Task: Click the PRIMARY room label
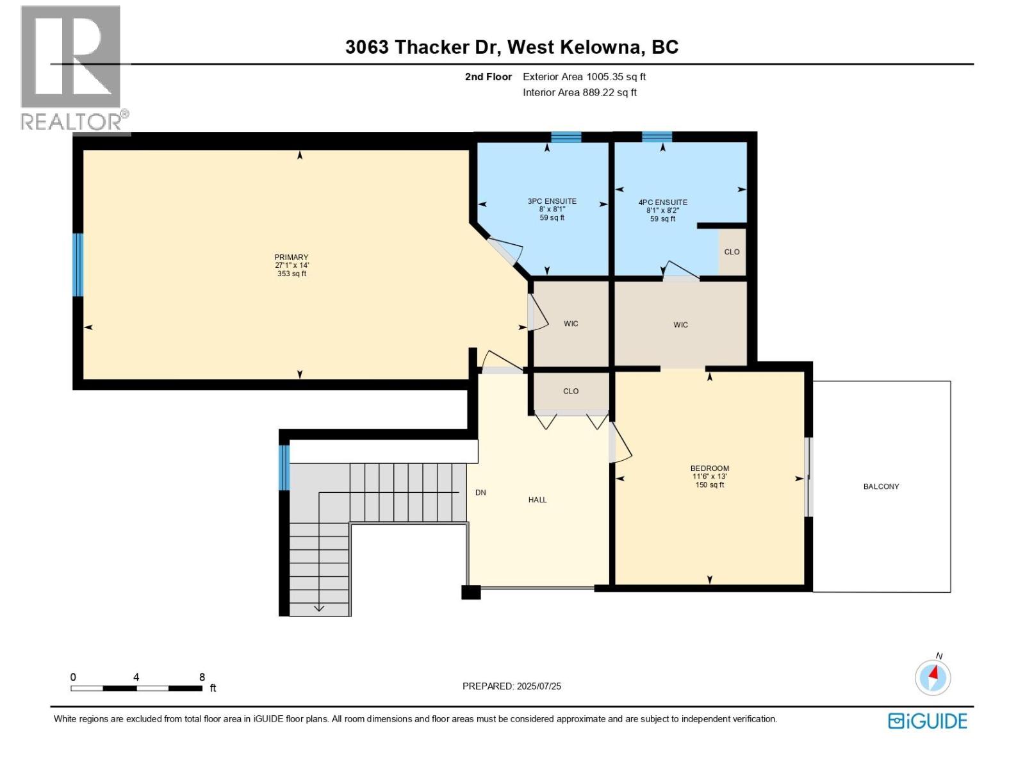(291, 257)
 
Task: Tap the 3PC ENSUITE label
(552, 201)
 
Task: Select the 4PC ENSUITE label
(662, 203)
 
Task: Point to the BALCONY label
(881, 486)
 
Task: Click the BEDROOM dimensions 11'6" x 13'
(709, 477)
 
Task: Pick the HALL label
(537, 500)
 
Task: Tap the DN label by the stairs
(480, 493)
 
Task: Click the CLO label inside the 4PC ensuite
(732, 252)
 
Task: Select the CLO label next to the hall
(571, 391)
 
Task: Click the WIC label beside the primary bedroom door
(571, 324)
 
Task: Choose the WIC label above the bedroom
(680, 325)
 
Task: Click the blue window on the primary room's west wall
(78, 265)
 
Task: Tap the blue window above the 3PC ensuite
(566, 136)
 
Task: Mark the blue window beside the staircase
(284, 467)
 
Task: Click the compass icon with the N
(933, 677)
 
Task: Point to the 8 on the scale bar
(202, 677)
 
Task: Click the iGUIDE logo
(927, 721)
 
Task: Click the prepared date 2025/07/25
(537, 686)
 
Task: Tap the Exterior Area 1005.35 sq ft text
(584, 77)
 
